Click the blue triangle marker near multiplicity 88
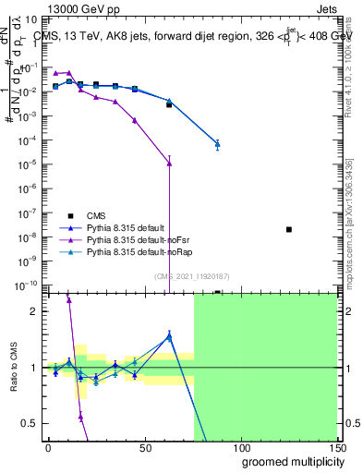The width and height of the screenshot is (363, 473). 217,144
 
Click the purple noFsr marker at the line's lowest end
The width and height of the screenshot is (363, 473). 169,164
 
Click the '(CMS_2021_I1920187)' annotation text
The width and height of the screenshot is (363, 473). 192,274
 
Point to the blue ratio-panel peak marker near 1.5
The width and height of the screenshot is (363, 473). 169,336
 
